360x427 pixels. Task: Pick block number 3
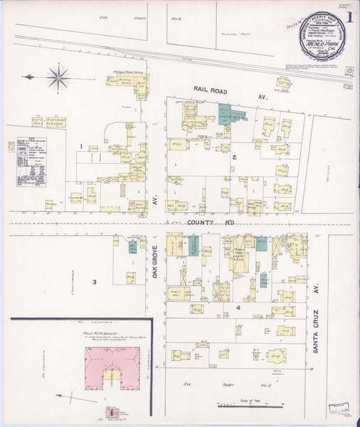(94, 282)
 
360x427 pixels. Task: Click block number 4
(238, 307)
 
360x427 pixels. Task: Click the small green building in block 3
(132, 248)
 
